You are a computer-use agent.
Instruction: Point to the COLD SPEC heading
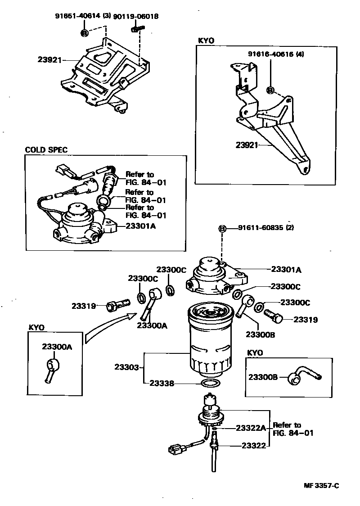(x=46, y=150)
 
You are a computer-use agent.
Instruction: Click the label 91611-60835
(x=260, y=228)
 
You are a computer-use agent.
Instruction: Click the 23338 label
(x=161, y=384)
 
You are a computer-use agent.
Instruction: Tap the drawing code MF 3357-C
(x=320, y=485)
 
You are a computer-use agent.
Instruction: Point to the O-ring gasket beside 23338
(x=210, y=384)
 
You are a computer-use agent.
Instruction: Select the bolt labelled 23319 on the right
(x=274, y=316)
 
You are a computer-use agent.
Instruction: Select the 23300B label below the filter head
(x=260, y=334)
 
